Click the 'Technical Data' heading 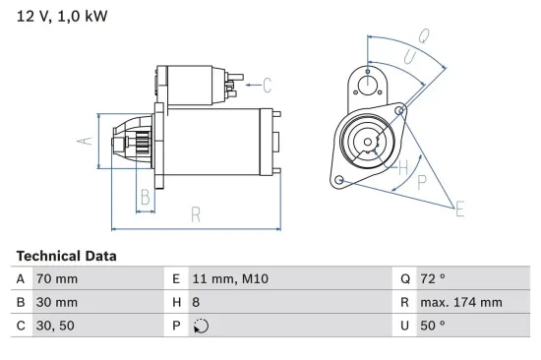pos(66,256)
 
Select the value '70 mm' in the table pos(57,279)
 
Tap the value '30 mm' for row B pos(57,303)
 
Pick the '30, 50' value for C pos(54,326)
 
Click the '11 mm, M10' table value pos(230,279)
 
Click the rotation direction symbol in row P pos(202,327)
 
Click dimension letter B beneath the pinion pos(145,197)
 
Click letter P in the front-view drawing pos(422,182)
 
